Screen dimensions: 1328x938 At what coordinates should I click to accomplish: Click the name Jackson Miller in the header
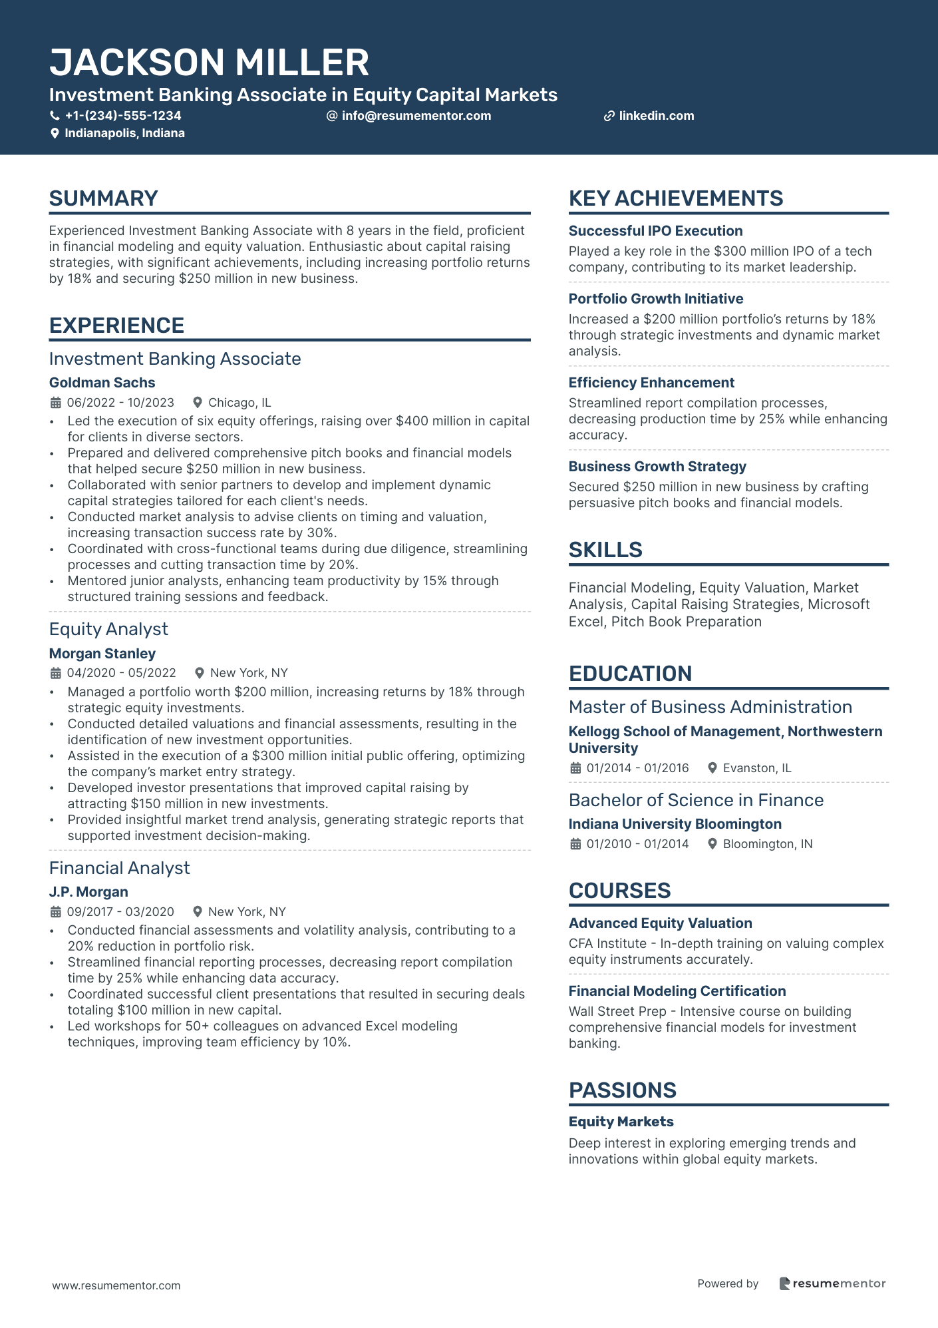pos(209,63)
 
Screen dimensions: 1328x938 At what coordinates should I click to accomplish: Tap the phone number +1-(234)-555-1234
pos(123,116)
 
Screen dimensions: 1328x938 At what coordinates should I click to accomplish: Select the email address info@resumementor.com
pos(416,116)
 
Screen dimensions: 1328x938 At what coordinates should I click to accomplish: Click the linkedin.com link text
pos(656,116)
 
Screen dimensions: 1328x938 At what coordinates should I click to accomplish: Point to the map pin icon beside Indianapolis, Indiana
pos(55,134)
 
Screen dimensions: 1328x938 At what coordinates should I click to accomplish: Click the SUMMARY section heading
pos(103,198)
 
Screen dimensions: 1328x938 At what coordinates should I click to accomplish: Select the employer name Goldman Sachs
pos(102,383)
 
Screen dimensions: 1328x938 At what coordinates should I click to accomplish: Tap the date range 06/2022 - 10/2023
pos(120,403)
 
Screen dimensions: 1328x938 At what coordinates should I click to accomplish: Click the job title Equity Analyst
pos(108,629)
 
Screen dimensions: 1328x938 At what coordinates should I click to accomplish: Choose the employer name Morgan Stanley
pos(102,654)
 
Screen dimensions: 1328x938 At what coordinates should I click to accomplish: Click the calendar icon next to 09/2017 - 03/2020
pos(56,912)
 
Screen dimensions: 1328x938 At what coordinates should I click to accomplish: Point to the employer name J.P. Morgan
pos(88,892)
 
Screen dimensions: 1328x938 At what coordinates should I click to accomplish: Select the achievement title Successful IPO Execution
pos(655,231)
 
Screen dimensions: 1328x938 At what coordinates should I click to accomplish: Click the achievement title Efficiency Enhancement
pos(651,383)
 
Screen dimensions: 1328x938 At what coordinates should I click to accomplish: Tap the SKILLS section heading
pos(605,550)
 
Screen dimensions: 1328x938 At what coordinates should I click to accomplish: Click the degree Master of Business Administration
pos(710,707)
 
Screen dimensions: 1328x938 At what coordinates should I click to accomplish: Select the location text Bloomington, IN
pos(768,844)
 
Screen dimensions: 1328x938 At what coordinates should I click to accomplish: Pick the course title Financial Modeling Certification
pos(677,991)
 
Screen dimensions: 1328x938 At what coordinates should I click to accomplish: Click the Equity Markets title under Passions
pos(621,1122)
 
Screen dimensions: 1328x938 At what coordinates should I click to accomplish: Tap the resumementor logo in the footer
pos(832,1284)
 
